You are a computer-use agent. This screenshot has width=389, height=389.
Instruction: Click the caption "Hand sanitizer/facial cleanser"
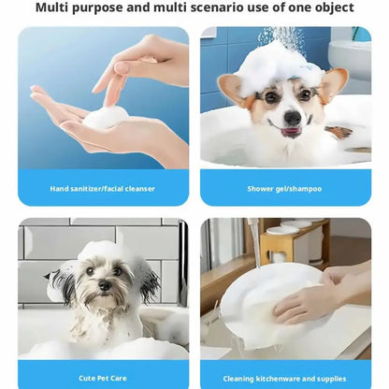click(x=103, y=189)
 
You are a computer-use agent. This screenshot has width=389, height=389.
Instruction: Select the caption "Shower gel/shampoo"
click(x=284, y=189)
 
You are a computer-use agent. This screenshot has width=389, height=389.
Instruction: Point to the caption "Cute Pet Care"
click(x=103, y=378)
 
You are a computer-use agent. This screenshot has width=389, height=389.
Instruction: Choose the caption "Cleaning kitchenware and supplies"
click(x=284, y=379)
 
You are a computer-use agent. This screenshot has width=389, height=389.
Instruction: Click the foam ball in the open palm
click(x=106, y=117)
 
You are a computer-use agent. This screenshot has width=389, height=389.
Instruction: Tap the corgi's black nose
click(x=293, y=118)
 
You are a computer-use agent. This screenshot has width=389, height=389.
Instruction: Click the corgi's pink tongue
click(x=290, y=131)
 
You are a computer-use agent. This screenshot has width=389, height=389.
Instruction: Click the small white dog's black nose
click(x=105, y=284)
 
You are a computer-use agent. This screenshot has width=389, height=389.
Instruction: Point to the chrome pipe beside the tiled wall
click(x=184, y=262)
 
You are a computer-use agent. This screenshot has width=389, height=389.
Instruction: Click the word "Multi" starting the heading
click(x=51, y=7)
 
